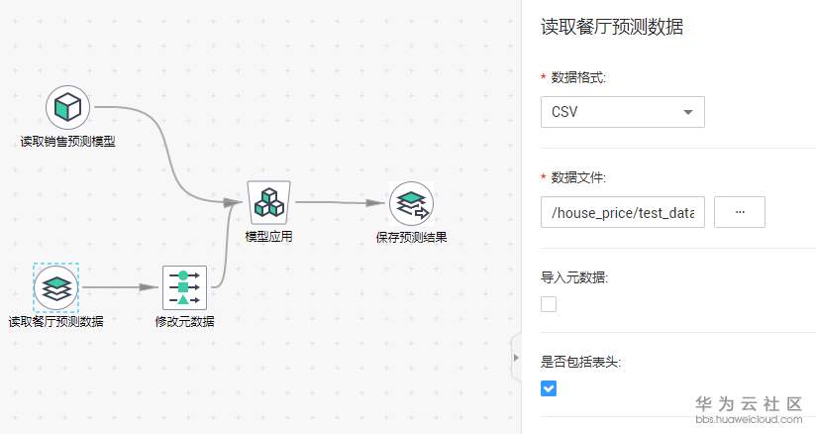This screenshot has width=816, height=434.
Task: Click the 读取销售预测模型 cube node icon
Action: click(67, 107)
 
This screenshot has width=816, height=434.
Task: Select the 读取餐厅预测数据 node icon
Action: click(55, 287)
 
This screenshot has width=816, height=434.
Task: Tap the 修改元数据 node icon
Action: click(185, 287)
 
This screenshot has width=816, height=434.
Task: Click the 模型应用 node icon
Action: click(268, 203)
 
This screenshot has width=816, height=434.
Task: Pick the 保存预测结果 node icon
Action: click(411, 203)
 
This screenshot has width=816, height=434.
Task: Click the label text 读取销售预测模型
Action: click(68, 141)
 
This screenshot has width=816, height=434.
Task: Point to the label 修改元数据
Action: click(185, 321)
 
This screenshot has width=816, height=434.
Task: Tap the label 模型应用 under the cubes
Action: click(269, 237)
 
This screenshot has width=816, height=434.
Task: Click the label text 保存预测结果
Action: click(412, 238)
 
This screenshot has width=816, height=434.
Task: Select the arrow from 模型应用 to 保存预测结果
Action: click(340, 203)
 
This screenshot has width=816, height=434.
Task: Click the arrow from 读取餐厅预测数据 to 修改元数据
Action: click(120, 287)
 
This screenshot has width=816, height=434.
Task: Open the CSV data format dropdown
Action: click(623, 112)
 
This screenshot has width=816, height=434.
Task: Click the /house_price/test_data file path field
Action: click(623, 212)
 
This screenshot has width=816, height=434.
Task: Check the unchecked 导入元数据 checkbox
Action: click(549, 304)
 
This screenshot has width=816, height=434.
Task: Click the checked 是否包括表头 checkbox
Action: click(549, 388)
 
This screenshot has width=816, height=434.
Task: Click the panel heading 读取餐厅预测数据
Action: click(612, 27)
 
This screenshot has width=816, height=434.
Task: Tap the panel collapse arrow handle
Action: click(516, 358)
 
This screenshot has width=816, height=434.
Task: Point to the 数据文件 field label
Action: click(578, 177)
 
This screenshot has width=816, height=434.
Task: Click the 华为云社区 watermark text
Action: click(749, 403)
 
